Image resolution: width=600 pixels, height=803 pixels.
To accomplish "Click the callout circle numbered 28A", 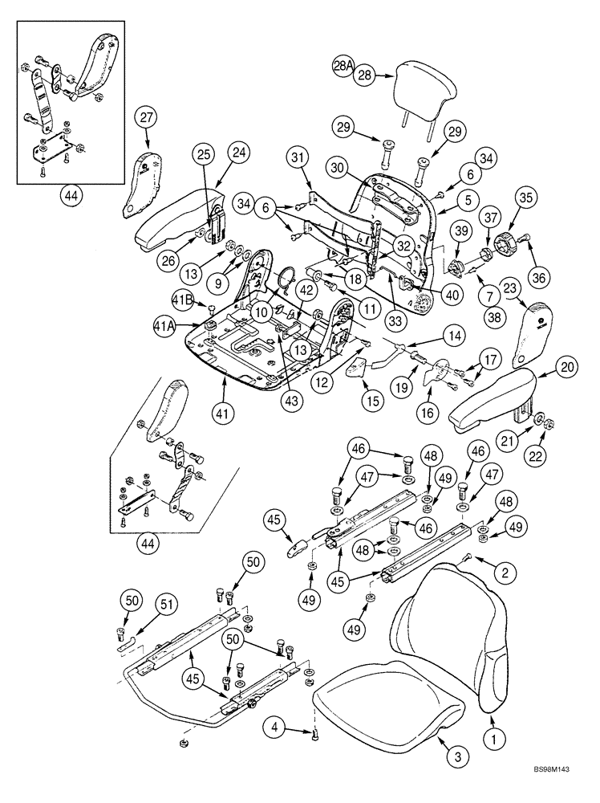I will point(343,67).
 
